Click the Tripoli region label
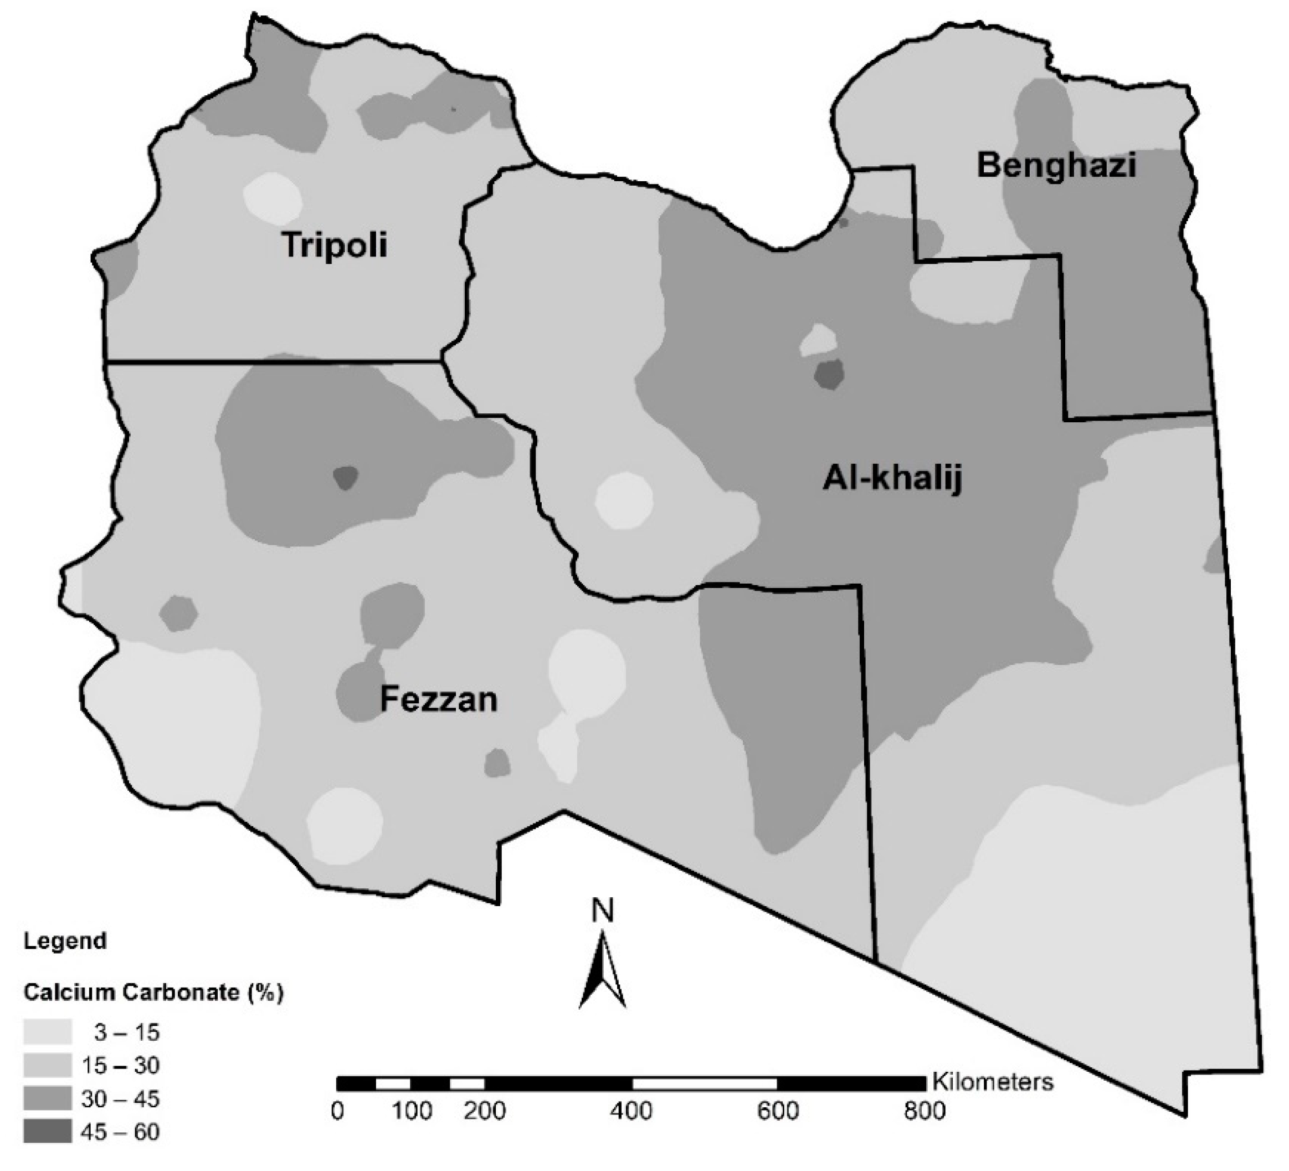click(x=335, y=245)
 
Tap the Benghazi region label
click(x=1056, y=166)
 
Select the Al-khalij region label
click(x=892, y=478)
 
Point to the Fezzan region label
click(x=439, y=699)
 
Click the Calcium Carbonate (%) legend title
click(x=153, y=992)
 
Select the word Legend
click(x=65, y=941)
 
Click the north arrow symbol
click(x=602, y=972)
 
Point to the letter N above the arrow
click(x=602, y=911)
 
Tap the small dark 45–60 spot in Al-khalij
click(x=829, y=374)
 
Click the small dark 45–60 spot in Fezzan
click(x=346, y=477)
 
